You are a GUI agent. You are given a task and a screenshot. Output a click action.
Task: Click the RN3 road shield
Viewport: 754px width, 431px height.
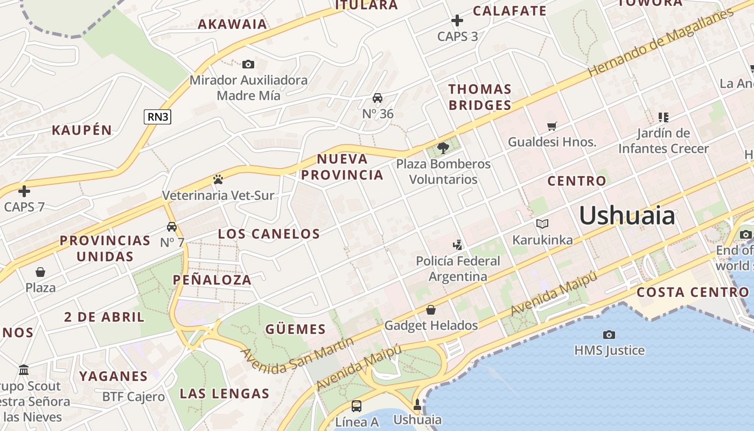(x=157, y=117)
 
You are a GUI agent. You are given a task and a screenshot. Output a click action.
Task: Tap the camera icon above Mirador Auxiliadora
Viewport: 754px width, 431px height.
(x=248, y=65)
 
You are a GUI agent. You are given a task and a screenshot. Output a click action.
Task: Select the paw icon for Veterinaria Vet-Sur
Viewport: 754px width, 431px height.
(x=218, y=179)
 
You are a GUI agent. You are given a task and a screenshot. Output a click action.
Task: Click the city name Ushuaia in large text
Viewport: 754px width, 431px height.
(x=627, y=216)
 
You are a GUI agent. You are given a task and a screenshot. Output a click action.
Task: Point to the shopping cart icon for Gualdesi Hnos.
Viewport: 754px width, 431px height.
(x=552, y=127)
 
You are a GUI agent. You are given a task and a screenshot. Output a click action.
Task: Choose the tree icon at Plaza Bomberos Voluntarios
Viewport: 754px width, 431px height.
(x=443, y=148)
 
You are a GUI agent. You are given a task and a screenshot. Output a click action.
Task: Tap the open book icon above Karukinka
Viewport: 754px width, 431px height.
(x=542, y=224)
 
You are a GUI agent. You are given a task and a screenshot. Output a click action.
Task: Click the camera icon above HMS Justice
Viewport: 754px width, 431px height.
(x=609, y=335)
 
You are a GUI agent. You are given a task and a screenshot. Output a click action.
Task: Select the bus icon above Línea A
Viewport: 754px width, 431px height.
(x=356, y=406)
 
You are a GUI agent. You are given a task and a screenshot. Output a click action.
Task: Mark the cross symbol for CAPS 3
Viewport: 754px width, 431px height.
(x=457, y=21)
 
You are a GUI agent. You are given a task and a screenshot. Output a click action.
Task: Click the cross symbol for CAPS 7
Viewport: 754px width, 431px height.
(x=24, y=191)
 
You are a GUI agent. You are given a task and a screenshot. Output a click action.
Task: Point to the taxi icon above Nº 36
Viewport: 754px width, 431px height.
(x=378, y=98)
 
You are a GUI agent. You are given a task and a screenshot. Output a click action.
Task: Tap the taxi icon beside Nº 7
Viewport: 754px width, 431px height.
(x=172, y=227)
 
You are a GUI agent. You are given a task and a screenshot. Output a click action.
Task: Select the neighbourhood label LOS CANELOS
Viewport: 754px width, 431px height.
(x=269, y=234)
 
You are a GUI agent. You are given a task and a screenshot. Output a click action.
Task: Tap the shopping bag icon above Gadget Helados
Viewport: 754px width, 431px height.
(x=431, y=310)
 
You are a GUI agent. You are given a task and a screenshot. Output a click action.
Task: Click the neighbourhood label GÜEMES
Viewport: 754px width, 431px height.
(x=296, y=329)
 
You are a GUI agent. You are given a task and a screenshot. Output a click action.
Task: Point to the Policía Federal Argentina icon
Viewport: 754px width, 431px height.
(x=457, y=245)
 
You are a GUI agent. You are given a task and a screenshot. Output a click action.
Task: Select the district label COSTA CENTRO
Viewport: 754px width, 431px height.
(x=693, y=293)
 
